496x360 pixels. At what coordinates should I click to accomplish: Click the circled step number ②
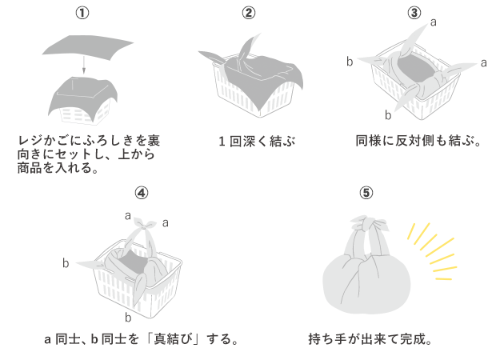point(249,13)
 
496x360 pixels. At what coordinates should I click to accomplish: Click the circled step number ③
point(414,13)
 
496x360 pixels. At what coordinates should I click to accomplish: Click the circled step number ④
point(141,193)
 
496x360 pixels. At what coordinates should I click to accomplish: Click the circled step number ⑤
point(366,193)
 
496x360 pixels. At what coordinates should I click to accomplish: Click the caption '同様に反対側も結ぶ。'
point(418,142)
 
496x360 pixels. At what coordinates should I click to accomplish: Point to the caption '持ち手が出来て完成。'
point(370,338)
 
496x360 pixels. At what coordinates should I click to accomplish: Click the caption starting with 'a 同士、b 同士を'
point(142,338)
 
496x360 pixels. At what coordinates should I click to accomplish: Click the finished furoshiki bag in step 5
point(366,272)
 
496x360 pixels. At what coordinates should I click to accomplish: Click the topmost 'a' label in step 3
point(433,22)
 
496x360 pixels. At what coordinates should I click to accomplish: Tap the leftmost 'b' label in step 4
point(66,262)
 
